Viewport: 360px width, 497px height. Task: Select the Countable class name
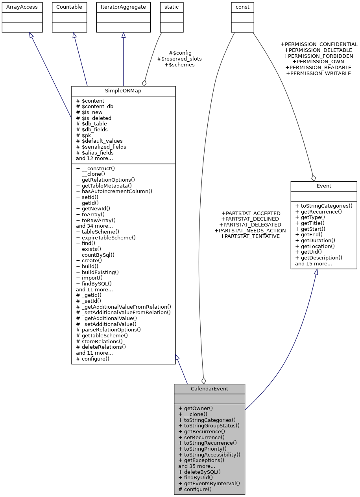click(x=69, y=7)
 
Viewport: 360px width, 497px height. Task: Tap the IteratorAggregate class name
click(x=124, y=7)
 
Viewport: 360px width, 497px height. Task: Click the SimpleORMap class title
click(x=123, y=91)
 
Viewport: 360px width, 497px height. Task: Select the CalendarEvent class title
click(x=209, y=389)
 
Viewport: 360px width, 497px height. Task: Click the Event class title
click(x=323, y=186)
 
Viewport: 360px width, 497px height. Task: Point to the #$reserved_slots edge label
click(x=179, y=59)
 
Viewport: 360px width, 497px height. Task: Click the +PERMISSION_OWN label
click(x=318, y=62)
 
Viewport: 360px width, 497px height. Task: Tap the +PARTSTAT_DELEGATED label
click(x=251, y=225)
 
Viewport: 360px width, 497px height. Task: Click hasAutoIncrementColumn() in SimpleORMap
click(x=114, y=191)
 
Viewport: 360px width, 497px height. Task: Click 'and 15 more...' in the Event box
click(x=313, y=263)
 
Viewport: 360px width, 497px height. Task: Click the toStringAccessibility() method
click(x=209, y=454)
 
